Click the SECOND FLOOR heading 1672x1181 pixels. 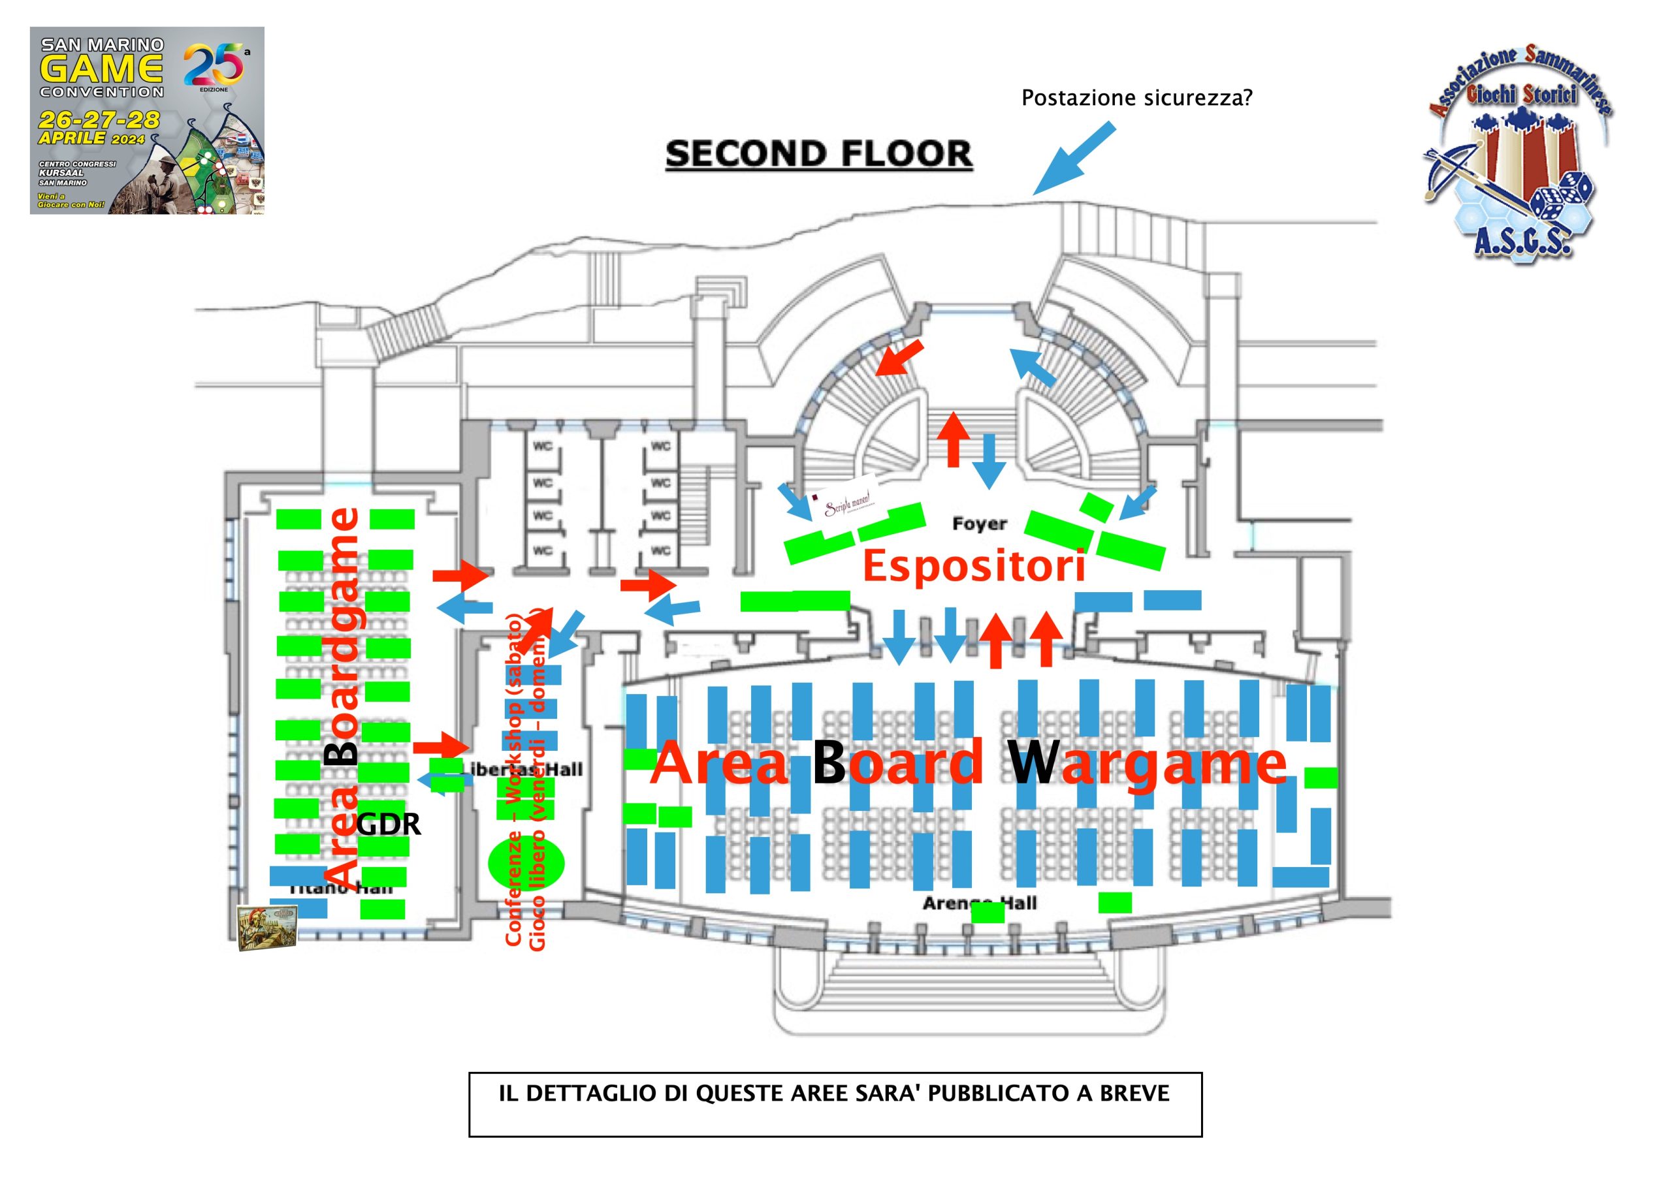(818, 153)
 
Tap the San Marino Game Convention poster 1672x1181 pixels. (146, 121)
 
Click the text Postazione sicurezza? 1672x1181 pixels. (1136, 97)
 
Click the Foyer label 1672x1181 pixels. (980, 524)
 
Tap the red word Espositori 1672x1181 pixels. (974, 567)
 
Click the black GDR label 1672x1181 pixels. (388, 825)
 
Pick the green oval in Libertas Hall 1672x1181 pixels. (526, 863)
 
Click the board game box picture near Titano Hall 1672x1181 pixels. (267, 928)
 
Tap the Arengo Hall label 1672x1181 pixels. (979, 903)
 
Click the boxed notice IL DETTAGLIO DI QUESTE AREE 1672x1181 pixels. (835, 1104)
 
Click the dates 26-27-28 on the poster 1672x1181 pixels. (100, 119)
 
